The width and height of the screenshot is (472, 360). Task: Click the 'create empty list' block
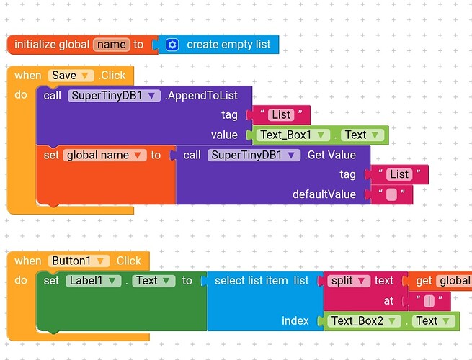pyautogui.click(x=228, y=45)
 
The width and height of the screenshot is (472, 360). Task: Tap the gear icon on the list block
pyautogui.click(x=172, y=45)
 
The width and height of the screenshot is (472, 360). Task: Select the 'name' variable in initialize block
pyautogui.click(x=111, y=45)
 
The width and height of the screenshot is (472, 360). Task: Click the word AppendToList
pyautogui.click(x=208, y=95)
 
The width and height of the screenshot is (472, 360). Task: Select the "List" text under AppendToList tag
pyautogui.click(x=281, y=114)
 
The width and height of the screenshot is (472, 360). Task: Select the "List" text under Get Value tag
pyautogui.click(x=398, y=174)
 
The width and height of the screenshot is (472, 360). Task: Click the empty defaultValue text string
pyautogui.click(x=391, y=194)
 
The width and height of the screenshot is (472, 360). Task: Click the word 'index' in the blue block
pyautogui.click(x=295, y=320)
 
